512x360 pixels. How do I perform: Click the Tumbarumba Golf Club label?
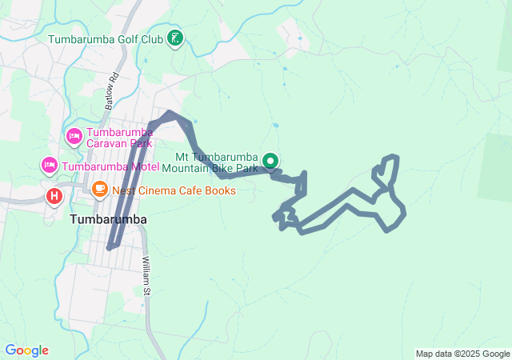(x=106, y=38)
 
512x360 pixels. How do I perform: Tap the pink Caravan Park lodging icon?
(x=74, y=135)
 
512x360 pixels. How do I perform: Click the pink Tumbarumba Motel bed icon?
(x=49, y=166)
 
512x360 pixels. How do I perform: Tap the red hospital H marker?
(x=54, y=194)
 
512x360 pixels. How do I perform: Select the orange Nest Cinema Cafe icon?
(x=100, y=190)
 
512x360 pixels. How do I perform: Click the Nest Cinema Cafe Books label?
(x=174, y=190)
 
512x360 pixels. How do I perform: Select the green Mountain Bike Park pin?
(x=270, y=161)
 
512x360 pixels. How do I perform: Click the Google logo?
(x=26, y=350)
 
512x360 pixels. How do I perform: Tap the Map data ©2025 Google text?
(x=462, y=354)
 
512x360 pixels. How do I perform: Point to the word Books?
(x=221, y=190)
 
